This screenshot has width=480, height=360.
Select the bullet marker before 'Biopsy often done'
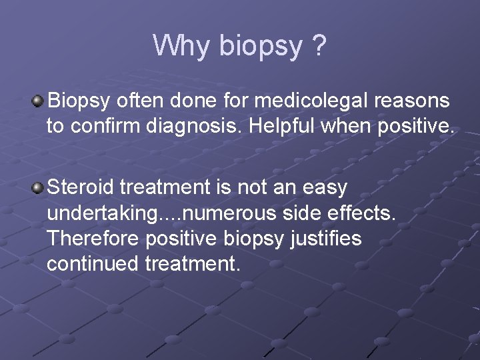[38, 101]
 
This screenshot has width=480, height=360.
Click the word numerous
[231, 214]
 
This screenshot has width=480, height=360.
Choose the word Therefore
[93, 238]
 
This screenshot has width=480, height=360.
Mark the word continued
[93, 263]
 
